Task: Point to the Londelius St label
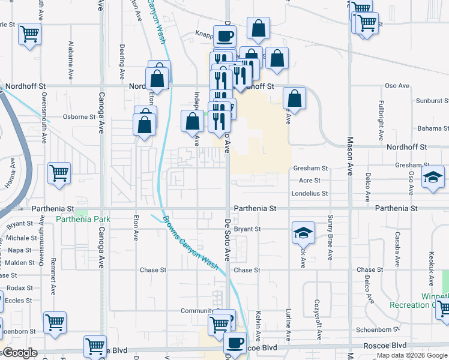[x=310, y=193]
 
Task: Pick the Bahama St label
[x=433, y=128]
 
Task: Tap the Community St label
[x=197, y=311]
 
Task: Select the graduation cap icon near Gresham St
[x=433, y=177]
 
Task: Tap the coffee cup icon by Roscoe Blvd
[x=235, y=343]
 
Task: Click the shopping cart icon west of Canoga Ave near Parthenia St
[x=59, y=173]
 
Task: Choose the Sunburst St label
[x=432, y=101]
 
